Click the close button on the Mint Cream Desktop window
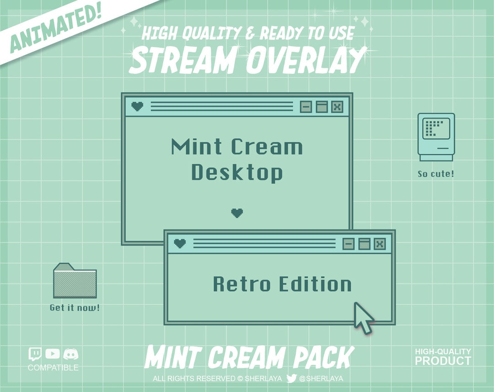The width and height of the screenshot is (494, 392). coord(337,107)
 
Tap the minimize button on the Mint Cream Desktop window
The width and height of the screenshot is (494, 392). coord(306,107)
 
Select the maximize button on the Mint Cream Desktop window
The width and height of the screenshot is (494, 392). coord(322,107)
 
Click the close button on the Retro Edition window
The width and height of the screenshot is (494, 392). coord(380,244)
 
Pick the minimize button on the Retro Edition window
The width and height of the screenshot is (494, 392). coord(349,244)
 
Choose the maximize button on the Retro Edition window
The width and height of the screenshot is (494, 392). coord(364,244)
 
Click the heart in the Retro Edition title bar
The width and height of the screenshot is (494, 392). coord(180,244)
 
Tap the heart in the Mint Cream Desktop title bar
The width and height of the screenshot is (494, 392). coord(137,107)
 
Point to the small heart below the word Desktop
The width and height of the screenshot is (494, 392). coord(237,212)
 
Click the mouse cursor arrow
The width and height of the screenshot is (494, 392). coord(363,317)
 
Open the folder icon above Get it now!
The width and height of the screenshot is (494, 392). coord(75,281)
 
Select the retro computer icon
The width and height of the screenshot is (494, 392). coord(436,137)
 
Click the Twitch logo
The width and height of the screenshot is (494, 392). coord(35,354)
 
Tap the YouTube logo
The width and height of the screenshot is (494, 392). coord(53,354)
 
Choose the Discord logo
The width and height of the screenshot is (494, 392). coord(71,354)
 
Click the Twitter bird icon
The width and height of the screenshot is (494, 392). coord(291,378)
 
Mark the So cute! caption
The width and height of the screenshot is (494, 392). coord(436,174)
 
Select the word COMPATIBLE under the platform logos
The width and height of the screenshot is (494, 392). coord(53,368)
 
